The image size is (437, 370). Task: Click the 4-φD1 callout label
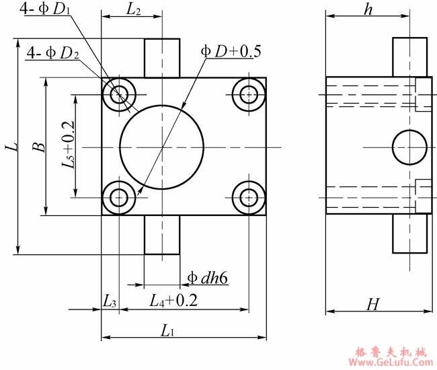click(x=44, y=9)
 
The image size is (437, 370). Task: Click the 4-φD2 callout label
click(x=53, y=53)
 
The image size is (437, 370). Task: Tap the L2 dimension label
click(x=133, y=9)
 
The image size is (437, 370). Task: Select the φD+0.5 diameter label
click(x=231, y=51)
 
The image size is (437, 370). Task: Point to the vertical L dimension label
click(x=11, y=147)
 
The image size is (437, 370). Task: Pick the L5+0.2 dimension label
click(x=68, y=145)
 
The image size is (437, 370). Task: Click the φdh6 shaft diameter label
click(x=208, y=278)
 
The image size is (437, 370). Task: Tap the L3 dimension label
click(x=110, y=301)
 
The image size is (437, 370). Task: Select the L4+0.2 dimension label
click(x=173, y=301)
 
